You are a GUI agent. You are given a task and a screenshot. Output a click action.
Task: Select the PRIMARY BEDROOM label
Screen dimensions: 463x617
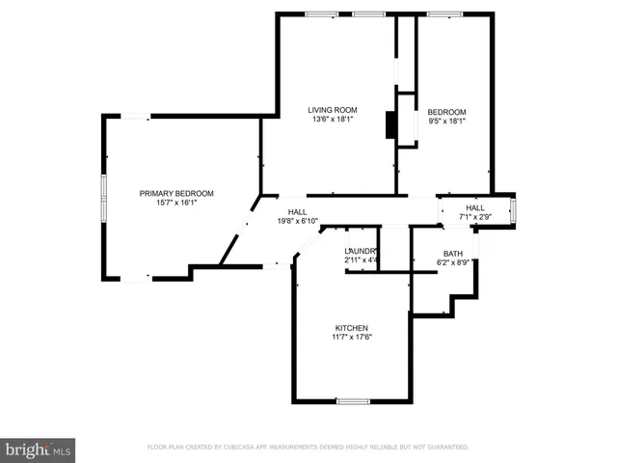(176, 193)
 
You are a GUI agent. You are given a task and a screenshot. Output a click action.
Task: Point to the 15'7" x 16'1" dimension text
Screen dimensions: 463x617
(176, 203)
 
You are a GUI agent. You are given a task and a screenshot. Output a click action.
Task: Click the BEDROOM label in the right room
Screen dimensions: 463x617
(446, 111)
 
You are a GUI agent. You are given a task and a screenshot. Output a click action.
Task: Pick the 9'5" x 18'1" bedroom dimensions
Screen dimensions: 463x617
(446, 121)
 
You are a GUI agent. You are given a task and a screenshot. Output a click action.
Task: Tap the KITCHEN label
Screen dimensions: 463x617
(352, 328)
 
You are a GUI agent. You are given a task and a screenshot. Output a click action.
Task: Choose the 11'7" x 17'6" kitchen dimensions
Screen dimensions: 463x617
(352, 338)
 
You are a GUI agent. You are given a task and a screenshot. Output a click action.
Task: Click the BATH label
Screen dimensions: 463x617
(452, 253)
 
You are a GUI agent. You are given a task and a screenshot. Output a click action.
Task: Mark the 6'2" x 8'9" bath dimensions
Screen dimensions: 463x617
(452, 261)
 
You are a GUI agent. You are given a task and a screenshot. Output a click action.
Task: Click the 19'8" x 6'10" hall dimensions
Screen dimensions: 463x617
(297, 221)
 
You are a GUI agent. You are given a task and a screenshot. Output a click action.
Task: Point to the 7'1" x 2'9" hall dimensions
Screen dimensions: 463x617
(475, 217)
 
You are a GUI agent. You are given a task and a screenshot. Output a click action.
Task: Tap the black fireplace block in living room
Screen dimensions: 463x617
(390, 125)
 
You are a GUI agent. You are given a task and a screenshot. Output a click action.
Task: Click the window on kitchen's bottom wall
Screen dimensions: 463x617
(353, 400)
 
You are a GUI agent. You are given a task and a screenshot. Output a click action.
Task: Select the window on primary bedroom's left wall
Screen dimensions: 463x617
(104, 198)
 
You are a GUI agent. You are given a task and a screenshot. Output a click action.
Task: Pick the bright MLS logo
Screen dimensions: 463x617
(39, 449)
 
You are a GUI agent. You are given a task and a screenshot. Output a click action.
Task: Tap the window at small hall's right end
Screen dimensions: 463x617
(512, 210)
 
